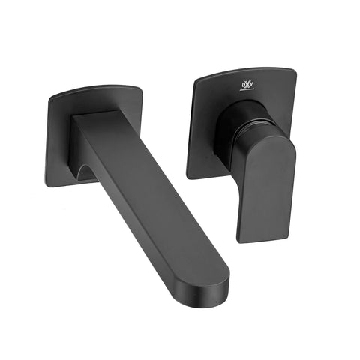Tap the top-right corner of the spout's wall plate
click(139, 88)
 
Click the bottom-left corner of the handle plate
click(189, 176)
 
